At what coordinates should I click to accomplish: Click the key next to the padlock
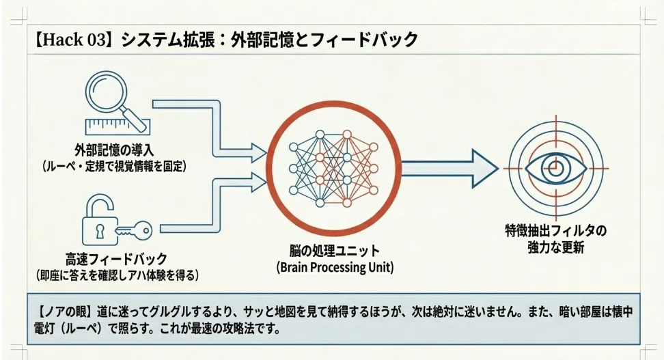pos(134,231)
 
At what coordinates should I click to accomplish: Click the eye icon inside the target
pos(555,169)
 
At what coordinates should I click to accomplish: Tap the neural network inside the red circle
pos(333,169)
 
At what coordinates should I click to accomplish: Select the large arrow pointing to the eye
pos(449,169)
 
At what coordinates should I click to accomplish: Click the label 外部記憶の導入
pos(114,150)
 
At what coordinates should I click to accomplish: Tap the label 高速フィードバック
pos(116,258)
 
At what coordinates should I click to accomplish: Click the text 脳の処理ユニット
pos(335,251)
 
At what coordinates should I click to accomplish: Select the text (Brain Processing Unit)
pos(335,267)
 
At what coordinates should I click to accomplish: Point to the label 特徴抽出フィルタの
pos(555,231)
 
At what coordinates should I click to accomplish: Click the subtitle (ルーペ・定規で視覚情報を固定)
pos(114,166)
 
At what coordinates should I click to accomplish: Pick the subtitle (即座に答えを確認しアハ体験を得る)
pos(117,275)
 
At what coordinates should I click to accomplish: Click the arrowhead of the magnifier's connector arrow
pos(258,152)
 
